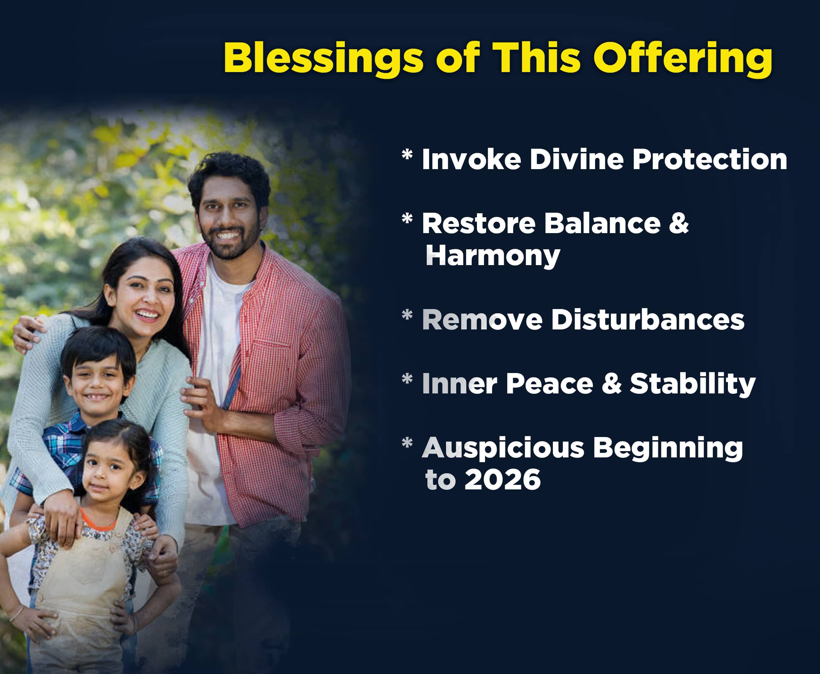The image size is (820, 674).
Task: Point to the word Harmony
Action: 493,256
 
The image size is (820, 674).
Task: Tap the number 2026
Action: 503,480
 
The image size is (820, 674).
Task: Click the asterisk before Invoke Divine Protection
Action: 407,154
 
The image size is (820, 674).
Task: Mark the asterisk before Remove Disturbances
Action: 407,315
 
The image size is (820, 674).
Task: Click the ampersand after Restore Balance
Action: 679,224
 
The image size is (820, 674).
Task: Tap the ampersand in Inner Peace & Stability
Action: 611,384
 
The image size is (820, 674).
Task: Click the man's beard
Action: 230,243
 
